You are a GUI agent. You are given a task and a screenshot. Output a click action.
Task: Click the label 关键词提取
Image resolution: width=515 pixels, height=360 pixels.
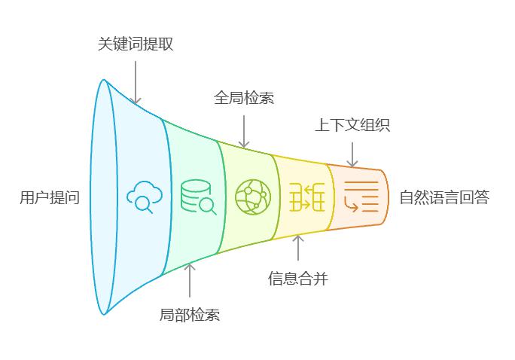click(136, 44)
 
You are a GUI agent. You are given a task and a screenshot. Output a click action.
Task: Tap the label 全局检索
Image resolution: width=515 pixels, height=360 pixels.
click(243, 98)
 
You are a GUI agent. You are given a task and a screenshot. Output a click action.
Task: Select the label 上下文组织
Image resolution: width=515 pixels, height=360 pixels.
click(352, 125)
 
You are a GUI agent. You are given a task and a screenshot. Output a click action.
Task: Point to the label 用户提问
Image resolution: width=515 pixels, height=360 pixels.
click(50, 198)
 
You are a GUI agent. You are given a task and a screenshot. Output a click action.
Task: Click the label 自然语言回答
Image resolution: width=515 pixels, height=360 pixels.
click(444, 198)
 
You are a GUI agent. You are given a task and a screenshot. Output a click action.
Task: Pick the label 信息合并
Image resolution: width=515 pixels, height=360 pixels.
click(298, 279)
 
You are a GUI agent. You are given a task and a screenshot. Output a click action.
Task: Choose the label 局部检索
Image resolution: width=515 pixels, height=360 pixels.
click(190, 315)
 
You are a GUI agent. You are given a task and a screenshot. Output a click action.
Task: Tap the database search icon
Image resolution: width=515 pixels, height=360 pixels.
click(198, 197)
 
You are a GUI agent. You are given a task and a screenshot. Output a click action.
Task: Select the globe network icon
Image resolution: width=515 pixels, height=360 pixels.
click(251, 197)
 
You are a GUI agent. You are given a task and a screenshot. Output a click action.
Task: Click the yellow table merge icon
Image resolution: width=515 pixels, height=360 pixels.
click(306, 198)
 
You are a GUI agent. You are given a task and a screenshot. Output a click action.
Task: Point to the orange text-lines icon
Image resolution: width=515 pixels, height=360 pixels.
click(361, 198)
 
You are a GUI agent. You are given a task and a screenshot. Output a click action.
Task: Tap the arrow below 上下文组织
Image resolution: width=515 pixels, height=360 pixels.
click(352, 152)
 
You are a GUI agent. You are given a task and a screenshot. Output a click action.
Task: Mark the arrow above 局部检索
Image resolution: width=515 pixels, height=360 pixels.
click(190, 279)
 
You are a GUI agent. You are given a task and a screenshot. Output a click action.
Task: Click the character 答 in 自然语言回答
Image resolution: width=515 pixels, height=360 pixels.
click(482, 198)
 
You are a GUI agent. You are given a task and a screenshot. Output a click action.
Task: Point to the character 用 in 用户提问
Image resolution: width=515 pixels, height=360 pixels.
click(27, 198)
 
